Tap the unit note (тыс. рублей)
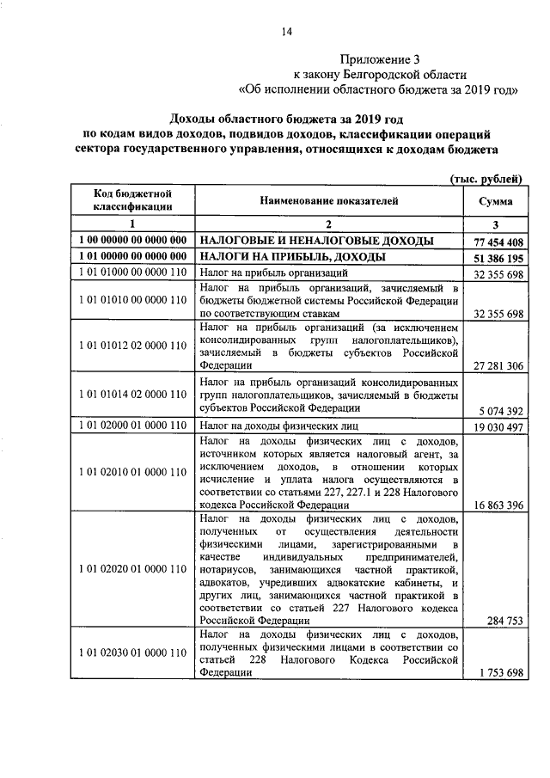click(487, 177)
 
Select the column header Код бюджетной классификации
click(133, 200)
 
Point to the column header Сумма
click(498, 200)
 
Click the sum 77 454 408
click(498, 242)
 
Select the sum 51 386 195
click(498, 258)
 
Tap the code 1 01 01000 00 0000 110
click(133, 273)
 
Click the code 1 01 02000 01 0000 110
click(133, 426)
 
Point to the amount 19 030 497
click(498, 426)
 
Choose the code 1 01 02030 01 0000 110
click(133, 652)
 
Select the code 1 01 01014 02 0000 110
click(133, 395)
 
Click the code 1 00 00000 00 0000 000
click(133, 241)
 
